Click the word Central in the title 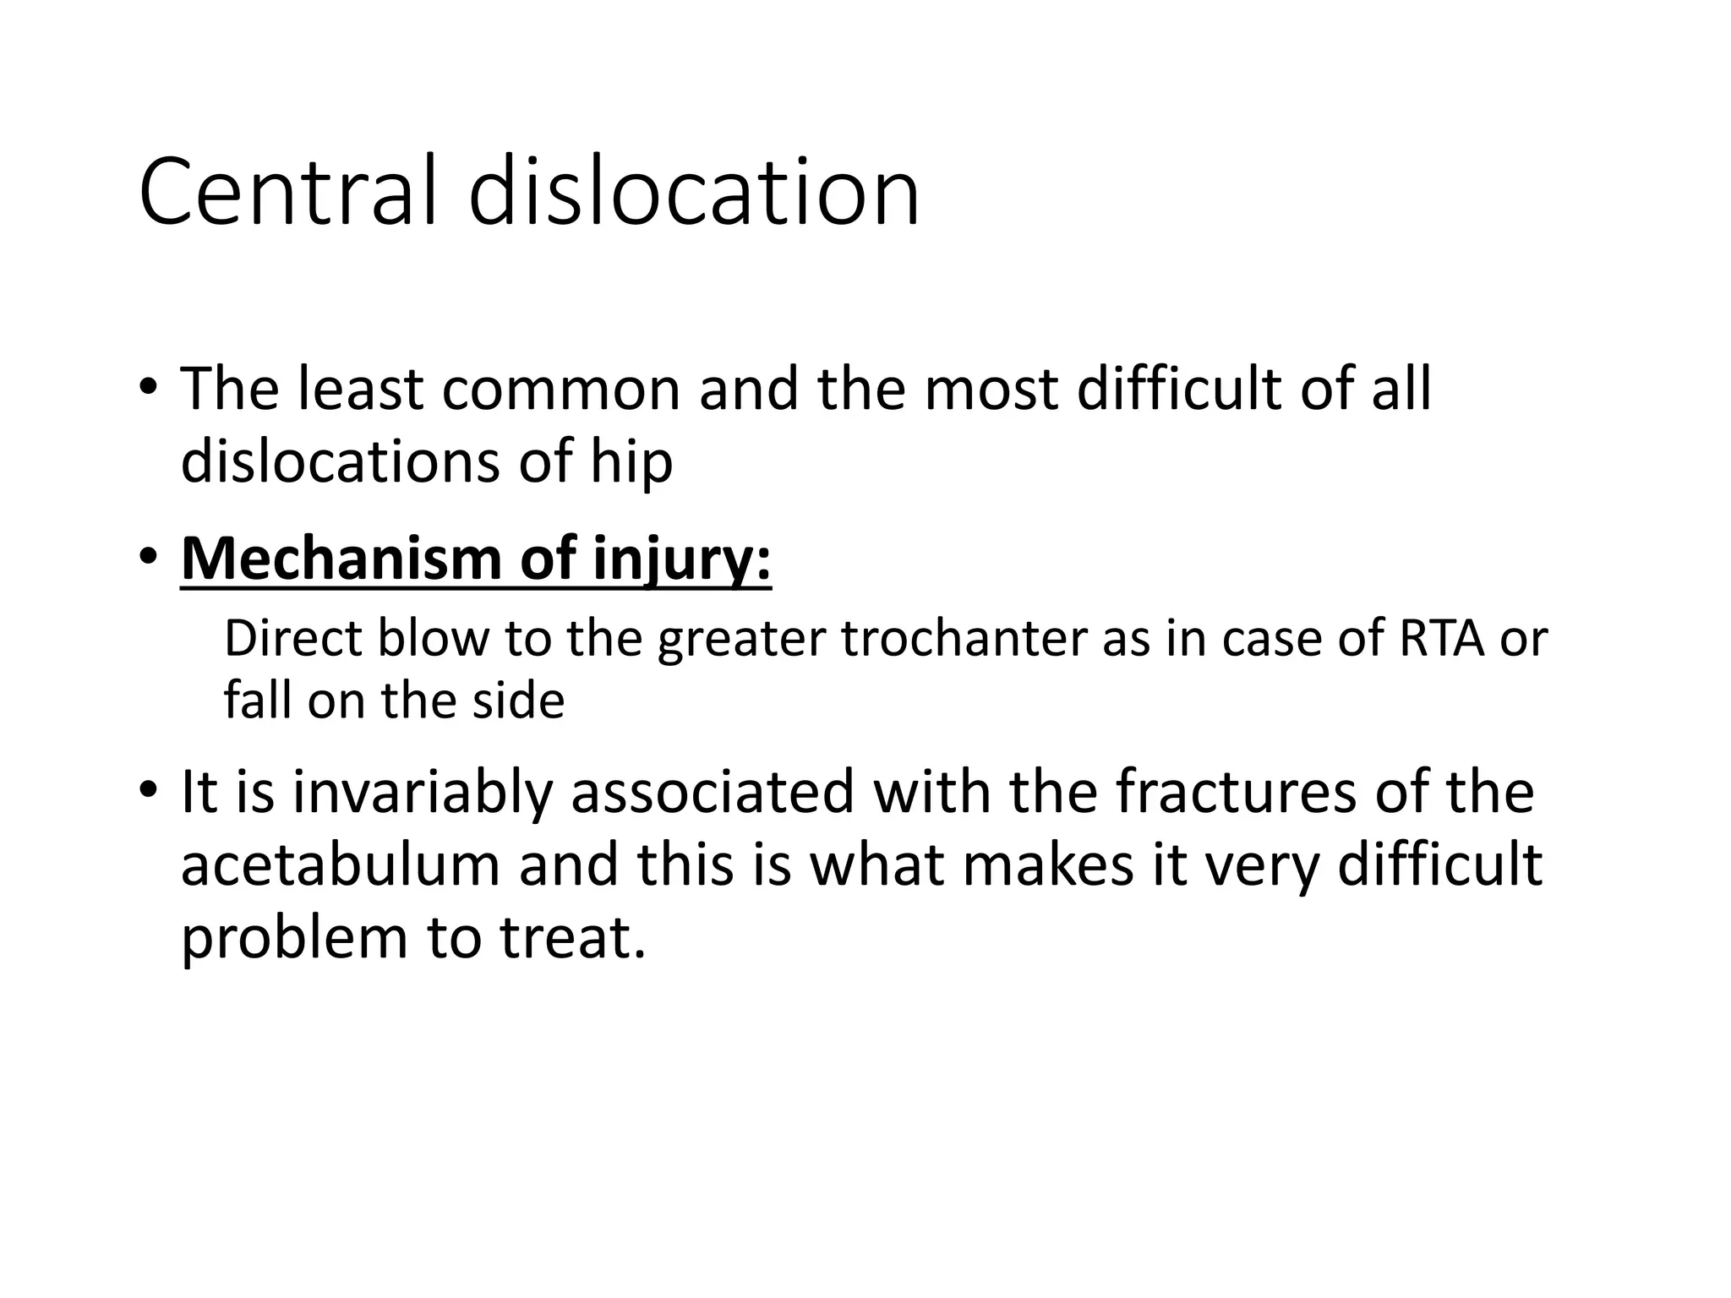tap(287, 192)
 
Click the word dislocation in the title tap(693, 192)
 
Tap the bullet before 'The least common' tap(148, 388)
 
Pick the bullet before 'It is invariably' tap(148, 791)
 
